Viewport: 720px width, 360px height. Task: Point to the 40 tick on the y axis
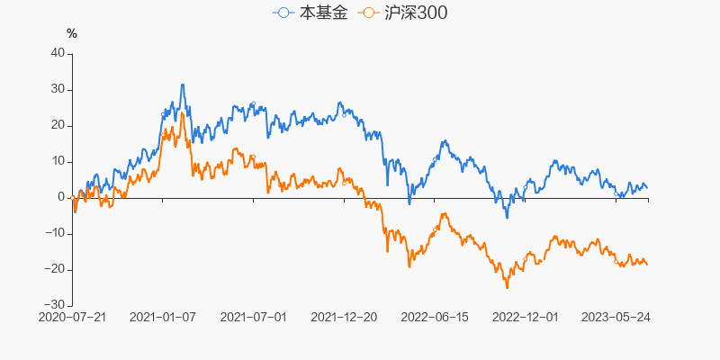click(x=58, y=53)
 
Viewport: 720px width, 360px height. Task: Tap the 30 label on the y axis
click(x=58, y=89)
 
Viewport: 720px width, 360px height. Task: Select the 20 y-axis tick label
click(x=58, y=125)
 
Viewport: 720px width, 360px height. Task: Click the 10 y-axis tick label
click(x=58, y=161)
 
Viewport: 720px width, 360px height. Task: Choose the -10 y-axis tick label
click(x=55, y=233)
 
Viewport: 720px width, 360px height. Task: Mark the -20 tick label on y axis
click(x=55, y=269)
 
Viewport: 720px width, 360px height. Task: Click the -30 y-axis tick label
click(x=55, y=305)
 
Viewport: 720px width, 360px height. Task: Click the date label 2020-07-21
click(x=73, y=317)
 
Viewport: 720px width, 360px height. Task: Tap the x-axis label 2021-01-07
click(x=163, y=317)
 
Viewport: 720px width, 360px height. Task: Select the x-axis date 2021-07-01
click(x=254, y=317)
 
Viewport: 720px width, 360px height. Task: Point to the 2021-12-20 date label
click(x=345, y=317)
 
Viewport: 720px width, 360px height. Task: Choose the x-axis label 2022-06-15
click(x=436, y=317)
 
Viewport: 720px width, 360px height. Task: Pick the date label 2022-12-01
click(x=526, y=317)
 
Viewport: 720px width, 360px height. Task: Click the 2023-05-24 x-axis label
click(x=617, y=317)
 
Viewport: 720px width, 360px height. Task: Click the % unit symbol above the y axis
click(x=72, y=34)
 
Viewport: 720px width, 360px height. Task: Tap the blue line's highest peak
click(x=183, y=85)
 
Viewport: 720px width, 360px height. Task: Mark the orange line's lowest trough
click(x=507, y=288)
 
